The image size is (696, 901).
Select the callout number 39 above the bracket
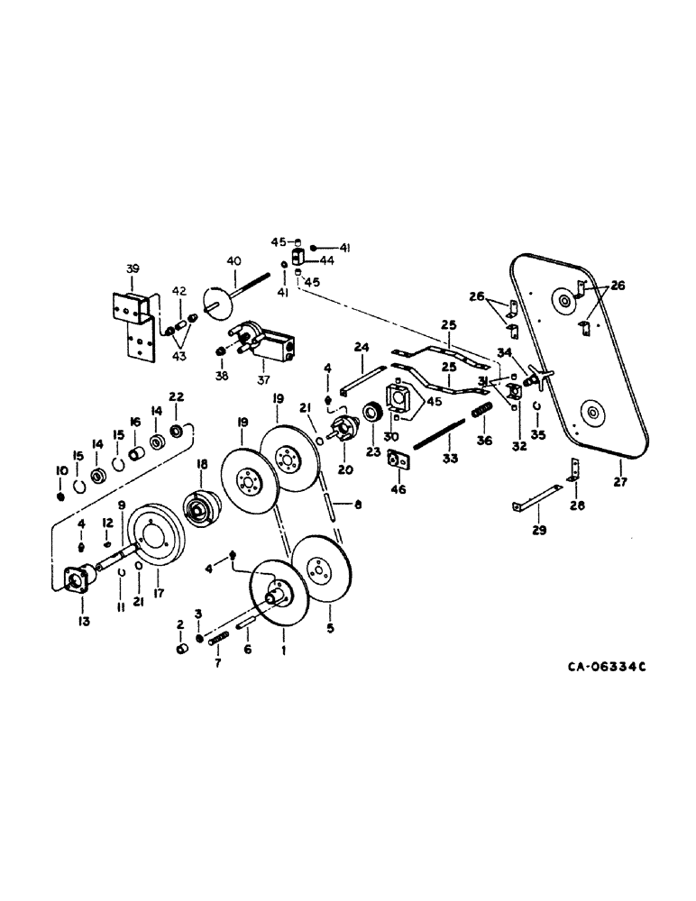(x=133, y=269)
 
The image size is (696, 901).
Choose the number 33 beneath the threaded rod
(x=450, y=460)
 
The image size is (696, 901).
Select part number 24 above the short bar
(x=361, y=346)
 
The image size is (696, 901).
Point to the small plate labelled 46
(x=398, y=461)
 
